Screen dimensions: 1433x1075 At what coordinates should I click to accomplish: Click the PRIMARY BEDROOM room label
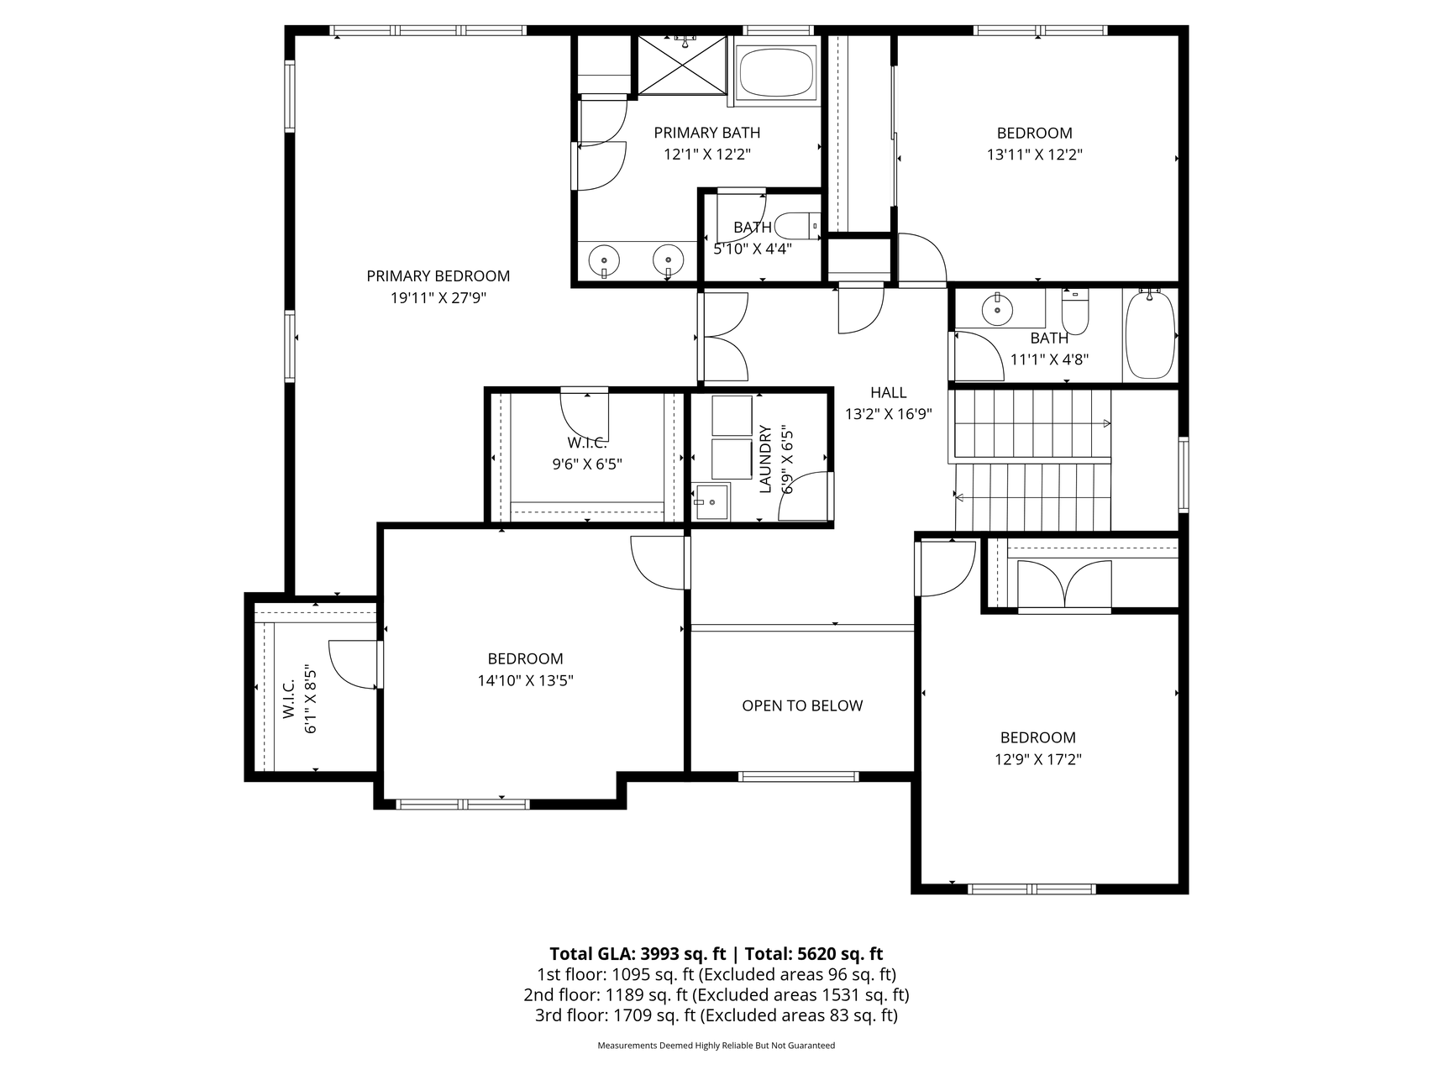coord(438,275)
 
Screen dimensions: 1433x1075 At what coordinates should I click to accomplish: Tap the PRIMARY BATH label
coord(706,133)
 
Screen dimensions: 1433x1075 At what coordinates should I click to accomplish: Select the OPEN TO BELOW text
coord(802,705)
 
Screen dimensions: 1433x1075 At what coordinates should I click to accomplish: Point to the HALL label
coord(888,392)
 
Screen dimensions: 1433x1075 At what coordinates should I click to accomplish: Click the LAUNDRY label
coord(765,459)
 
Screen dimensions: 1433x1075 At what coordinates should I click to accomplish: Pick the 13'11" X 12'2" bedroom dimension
coord(1034,155)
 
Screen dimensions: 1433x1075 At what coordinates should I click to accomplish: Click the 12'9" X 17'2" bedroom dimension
coord(1037,759)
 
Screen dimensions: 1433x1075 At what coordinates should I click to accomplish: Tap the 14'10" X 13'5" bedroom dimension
coord(525,680)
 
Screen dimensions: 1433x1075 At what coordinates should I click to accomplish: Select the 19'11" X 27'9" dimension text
coord(438,297)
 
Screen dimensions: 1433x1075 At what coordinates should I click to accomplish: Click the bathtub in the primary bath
coord(776,71)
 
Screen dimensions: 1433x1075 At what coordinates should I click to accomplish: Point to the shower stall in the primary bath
coord(682,66)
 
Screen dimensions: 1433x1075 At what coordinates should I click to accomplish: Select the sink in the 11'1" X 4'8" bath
coord(997,309)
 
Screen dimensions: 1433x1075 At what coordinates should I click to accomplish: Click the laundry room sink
coord(711,501)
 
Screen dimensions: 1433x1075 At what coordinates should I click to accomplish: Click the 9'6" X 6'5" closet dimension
coord(587,464)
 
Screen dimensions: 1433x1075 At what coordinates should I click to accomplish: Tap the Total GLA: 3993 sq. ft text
coord(638,954)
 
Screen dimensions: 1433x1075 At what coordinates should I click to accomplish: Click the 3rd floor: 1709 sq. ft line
coord(716,1015)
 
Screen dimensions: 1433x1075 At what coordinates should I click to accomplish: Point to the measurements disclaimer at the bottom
coord(716,1046)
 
